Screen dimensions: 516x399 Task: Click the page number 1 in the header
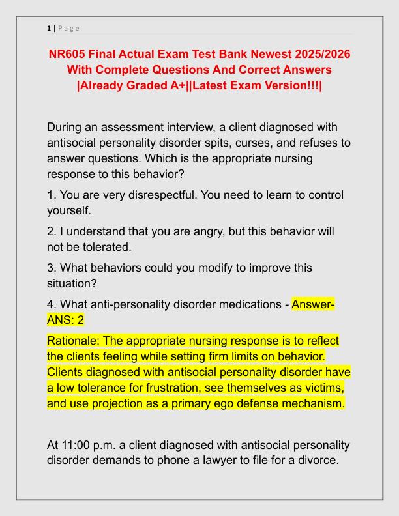49,28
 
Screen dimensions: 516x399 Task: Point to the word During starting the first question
68,127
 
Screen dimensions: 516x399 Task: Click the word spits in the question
254,143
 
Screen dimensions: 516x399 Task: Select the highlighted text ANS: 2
66,320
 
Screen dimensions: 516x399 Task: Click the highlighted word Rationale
74,341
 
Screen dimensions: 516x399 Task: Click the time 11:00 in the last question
77,445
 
